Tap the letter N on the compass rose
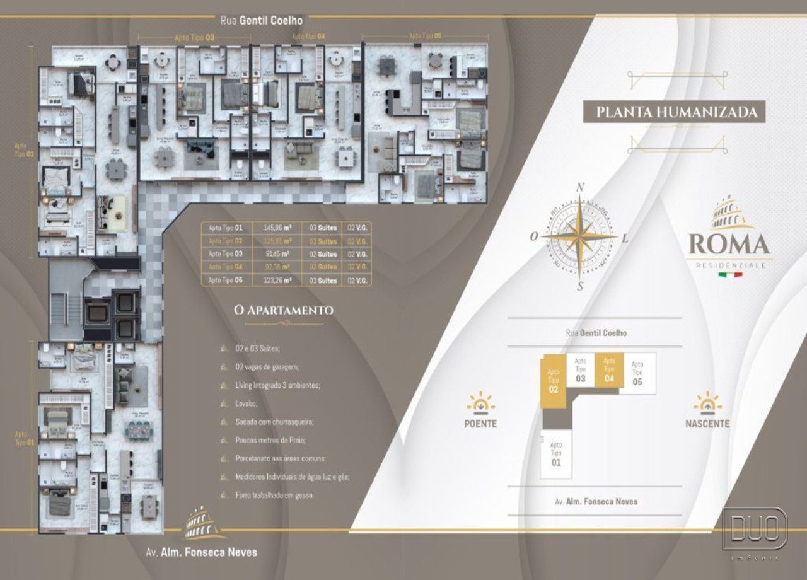click(x=581, y=187)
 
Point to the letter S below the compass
click(x=579, y=287)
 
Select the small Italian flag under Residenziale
click(x=729, y=275)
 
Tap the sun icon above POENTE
click(x=480, y=402)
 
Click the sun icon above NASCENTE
click(x=707, y=402)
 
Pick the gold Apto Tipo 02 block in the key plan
click(x=554, y=381)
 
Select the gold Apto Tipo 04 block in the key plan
click(x=609, y=369)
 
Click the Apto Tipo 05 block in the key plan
click(x=637, y=373)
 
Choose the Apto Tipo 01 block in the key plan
click(x=555, y=454)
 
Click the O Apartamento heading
click(x=283, y=310)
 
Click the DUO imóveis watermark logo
click(x=755, y=529)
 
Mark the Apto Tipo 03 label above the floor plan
click(x=195, y=38)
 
